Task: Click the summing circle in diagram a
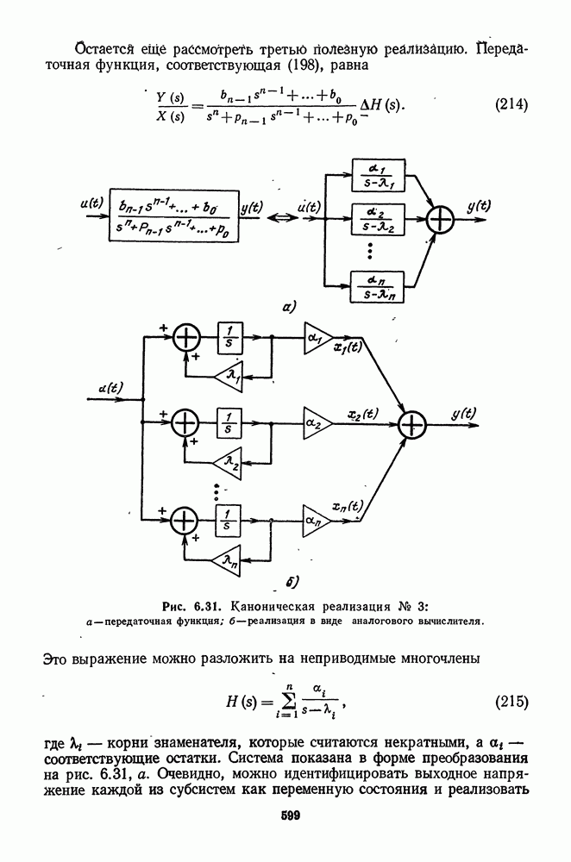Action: tap(441, 221)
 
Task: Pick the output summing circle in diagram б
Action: tap(413, 424)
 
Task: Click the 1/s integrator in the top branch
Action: tap(228, 334)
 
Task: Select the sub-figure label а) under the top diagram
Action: tap(287, 306)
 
